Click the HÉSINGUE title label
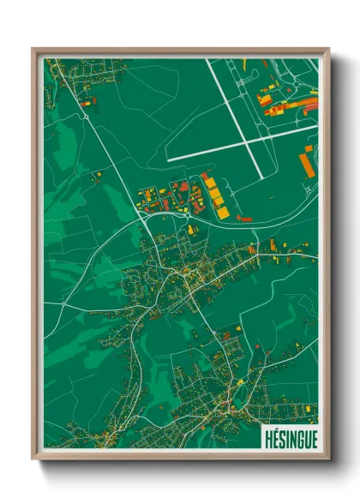point(290,438)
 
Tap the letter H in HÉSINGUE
point(267,438)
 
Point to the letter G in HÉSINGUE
point(297,438)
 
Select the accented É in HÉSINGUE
point(274,438)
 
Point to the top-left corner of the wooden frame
point(33,49)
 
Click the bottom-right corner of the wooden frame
point(330,459)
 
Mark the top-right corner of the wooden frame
point(330,49)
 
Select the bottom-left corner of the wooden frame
point(33,459)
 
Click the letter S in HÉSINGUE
point(281,438)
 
